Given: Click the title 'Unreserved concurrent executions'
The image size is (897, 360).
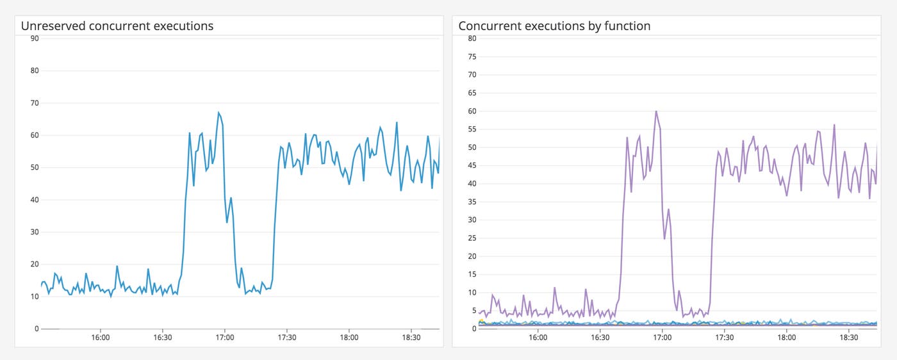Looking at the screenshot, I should pyautogui.click(x=117, y=26).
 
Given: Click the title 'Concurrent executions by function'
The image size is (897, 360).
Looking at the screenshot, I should pyautogui.click(x=554, y=26).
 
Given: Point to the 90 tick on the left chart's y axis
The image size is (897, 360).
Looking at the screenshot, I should pyautogui.click(x=35, y=38).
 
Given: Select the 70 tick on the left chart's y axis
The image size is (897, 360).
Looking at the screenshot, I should pyautogui.click(x=35, y=103).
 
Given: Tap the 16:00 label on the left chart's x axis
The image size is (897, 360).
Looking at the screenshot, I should pyautogui.click(x=101, y=338).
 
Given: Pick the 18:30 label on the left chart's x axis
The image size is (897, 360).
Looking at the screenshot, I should pyautogui.click(x=411, y=338).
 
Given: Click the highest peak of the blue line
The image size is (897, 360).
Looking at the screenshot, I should pyautogui.click(x=218, y=113).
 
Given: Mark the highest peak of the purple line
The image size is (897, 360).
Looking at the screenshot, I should pyautogui.click(x=656, y=111).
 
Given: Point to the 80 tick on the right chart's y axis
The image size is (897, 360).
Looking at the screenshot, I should pyautogui.click(x=472, y=38).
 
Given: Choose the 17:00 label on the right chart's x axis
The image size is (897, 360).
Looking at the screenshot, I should pyautogui.click(x=662, y=338).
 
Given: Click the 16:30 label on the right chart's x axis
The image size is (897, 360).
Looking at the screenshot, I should pyautogui.click(x=600, y=338).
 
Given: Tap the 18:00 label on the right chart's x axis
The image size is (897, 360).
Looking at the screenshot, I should pyautogui.click(x=786, y=338).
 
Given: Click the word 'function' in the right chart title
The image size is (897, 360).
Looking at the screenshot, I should pyautogui.click(x=627, y=26).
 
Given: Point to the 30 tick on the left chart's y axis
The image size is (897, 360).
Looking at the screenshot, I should pyautogui.click(x=35, y=232).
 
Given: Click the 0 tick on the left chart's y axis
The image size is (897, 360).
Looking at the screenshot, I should pyautogui.click(x=37, y=329).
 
